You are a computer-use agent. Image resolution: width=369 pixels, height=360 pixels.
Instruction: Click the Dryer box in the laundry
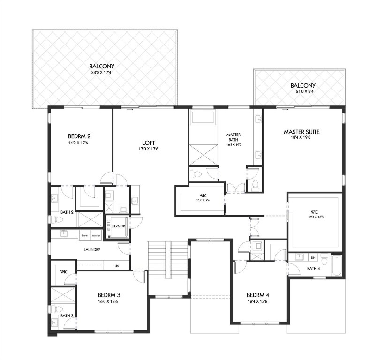85,235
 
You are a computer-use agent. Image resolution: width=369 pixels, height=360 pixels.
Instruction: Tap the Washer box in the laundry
96,235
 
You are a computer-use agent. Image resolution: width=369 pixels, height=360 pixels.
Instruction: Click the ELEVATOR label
118,226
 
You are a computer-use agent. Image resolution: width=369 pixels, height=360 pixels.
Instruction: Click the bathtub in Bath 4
337,265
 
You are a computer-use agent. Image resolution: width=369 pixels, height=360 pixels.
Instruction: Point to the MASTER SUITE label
303,132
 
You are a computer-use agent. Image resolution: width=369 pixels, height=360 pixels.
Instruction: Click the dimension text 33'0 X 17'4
102,73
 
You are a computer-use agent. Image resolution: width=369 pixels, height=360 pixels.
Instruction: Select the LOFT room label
150,143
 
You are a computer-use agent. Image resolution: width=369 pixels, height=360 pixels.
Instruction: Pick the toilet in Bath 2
53,219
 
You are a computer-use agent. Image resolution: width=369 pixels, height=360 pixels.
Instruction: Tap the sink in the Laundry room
63,233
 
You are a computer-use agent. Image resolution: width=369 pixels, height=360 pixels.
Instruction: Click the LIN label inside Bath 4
312,257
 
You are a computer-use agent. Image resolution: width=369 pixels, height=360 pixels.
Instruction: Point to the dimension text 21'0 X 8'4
302,91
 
